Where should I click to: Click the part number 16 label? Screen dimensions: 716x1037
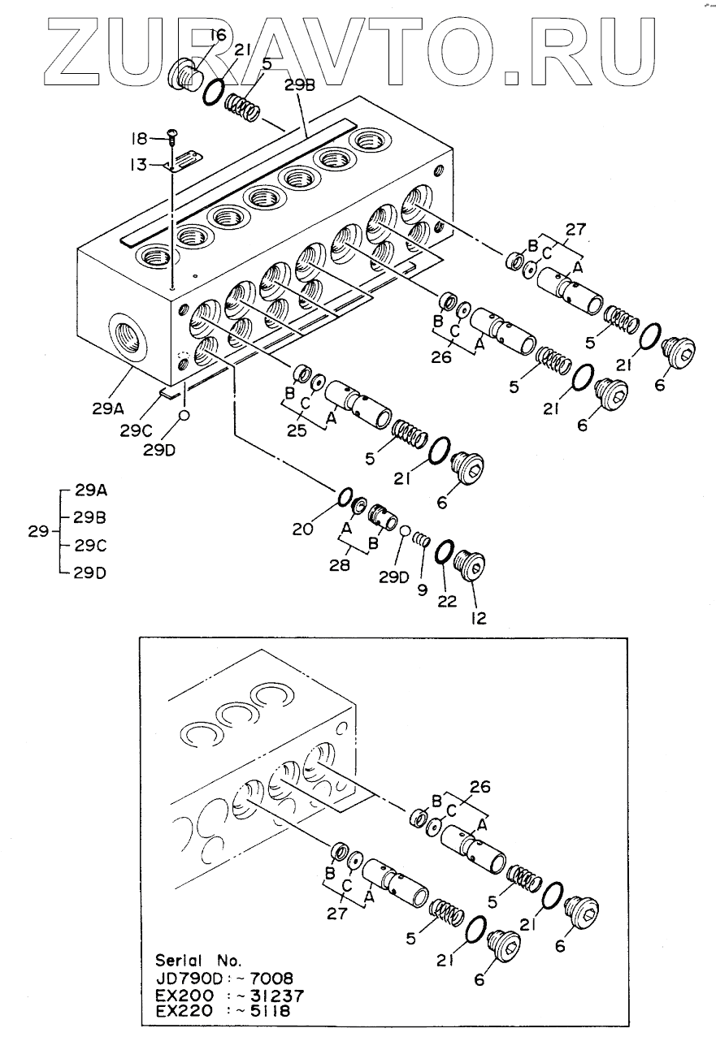pos(217,35)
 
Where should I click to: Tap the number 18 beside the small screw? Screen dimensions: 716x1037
pos(138,138)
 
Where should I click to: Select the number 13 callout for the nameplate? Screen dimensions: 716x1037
pos(138,164)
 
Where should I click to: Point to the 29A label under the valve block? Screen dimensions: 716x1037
pos(108,408)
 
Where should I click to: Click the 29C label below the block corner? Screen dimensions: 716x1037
pos(136,431)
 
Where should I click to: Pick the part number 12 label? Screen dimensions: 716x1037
pos(478,618)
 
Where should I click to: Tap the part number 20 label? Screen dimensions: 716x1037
pos(302,529)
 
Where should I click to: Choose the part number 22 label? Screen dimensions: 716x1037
pos(447,602)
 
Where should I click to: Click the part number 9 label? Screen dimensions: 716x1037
pos(422,590)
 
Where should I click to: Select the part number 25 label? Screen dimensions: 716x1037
pos(297,430)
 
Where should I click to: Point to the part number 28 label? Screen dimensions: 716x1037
pos(340,565)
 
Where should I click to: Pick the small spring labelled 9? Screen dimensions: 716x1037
pos(422,539)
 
